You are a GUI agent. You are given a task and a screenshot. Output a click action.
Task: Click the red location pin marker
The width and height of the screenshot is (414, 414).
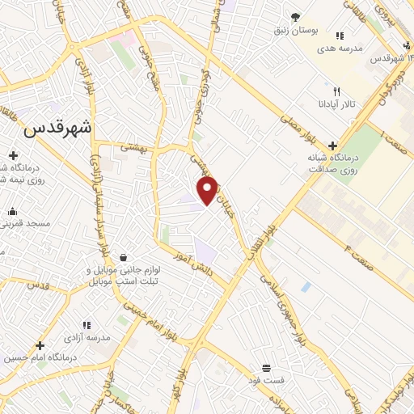pos(208,191)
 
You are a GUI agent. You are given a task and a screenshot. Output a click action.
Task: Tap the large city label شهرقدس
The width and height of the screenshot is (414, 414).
pos(58,128)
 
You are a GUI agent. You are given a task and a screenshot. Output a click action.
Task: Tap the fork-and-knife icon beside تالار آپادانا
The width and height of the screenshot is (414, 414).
pos(338,92)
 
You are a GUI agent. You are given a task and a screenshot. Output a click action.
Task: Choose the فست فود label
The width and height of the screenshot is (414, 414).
pos(267,379)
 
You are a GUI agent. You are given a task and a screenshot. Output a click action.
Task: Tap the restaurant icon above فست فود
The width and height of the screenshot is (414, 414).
pos(267,367)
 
